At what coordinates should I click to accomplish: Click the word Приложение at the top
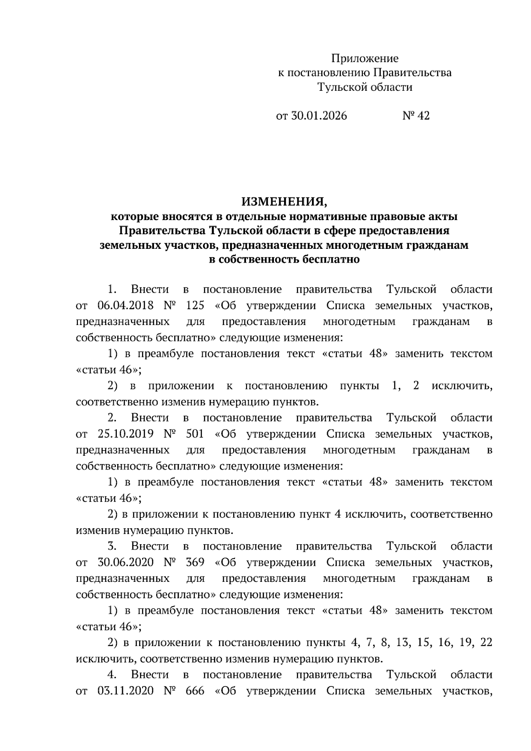365,58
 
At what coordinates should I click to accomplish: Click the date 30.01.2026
319,116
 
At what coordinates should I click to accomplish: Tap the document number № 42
416,116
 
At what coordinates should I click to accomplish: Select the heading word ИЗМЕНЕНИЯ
284,202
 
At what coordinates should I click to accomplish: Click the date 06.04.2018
125,306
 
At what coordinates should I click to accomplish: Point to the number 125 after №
195,306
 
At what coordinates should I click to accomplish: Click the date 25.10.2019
125,434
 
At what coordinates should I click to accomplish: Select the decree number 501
195,434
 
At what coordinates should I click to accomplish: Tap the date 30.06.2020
125,562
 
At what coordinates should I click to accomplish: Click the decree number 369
195,562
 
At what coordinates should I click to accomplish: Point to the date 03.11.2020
125,691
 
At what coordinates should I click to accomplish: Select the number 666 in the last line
195,691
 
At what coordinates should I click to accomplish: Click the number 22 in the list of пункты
486,643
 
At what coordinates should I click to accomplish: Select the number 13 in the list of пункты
403,643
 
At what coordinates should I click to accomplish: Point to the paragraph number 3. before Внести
112,546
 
